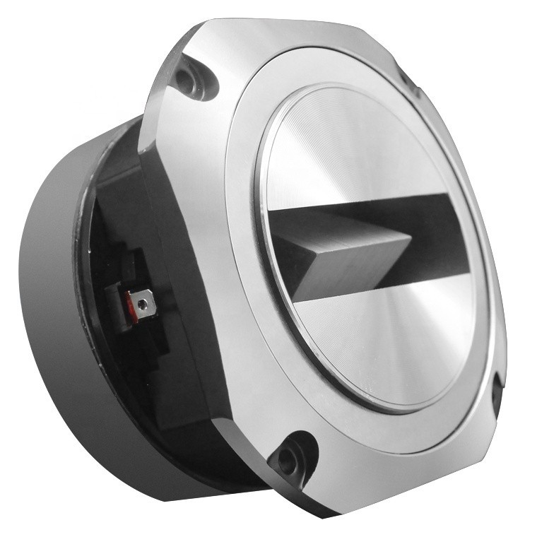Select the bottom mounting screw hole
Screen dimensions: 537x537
coord(288,459)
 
